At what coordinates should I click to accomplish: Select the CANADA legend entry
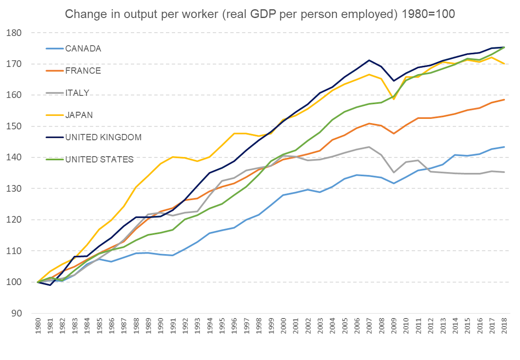click(83, 48)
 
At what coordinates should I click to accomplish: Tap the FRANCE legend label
click(83, 71)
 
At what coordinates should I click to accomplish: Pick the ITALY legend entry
click(78, 93)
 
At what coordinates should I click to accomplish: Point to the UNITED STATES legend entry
click(99, 160)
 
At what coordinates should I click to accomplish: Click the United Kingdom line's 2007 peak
click(369, 60)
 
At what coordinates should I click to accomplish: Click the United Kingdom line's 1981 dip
click(50, 285)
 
